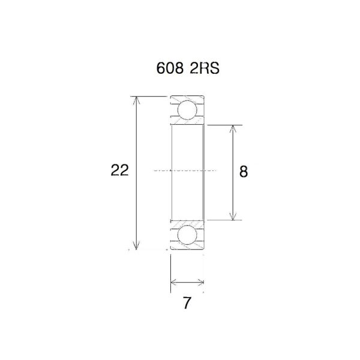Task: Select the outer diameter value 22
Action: point(119,171)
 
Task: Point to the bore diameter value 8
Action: point(243,172)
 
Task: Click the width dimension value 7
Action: point(187,304)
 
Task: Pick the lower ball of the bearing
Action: point(187,235)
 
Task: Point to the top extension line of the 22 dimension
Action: point(150,95)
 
